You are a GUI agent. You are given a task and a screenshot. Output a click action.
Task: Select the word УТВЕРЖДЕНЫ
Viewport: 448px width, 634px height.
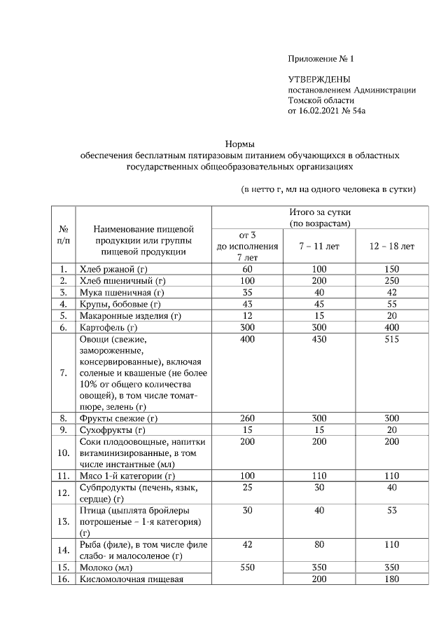(x=319, y=79)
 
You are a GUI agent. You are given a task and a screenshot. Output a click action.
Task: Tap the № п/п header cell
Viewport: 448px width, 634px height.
(x=63, y=234)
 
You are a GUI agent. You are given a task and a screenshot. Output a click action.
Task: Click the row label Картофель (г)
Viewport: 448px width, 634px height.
(x=107, y=327)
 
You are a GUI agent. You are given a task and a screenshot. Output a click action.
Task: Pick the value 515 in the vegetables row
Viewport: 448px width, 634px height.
(x=391, y=340)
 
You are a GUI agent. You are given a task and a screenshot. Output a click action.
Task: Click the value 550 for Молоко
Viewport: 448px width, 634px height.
(x=247, y=567)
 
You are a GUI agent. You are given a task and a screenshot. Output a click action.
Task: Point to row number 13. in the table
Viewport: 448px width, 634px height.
(x=63, y=521)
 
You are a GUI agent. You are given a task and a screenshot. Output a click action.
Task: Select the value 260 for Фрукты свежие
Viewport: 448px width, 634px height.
(x=247, y=418)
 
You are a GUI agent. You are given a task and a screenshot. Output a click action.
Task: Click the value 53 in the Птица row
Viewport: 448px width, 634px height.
(x=391, y=511)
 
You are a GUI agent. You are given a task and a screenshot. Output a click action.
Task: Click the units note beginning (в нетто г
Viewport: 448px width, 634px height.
(x=328, y=189)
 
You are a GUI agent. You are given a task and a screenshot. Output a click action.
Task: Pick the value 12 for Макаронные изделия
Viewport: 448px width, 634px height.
(x=247, y=315)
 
